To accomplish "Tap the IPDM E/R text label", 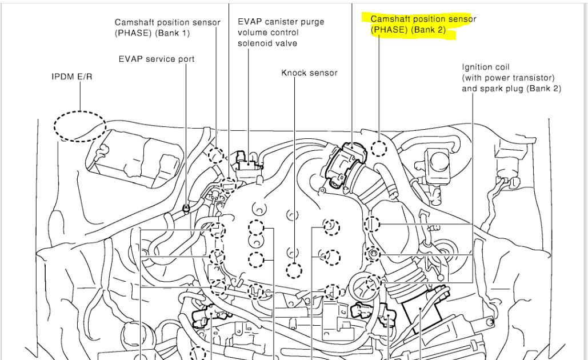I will [71, 76].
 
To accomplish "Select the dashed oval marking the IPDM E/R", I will [80, 127].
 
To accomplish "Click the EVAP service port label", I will [156, 59].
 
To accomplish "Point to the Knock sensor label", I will [309, 73].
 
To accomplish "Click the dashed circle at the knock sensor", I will [294, 271].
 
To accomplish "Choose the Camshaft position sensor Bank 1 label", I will [167, 27].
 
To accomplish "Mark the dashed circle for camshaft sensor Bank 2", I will [379, 147].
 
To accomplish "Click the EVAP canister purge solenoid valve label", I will [281, 33].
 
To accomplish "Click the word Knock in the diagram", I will [294, 73].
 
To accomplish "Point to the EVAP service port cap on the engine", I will [186, 207].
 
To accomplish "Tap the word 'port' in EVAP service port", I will [186, 59].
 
